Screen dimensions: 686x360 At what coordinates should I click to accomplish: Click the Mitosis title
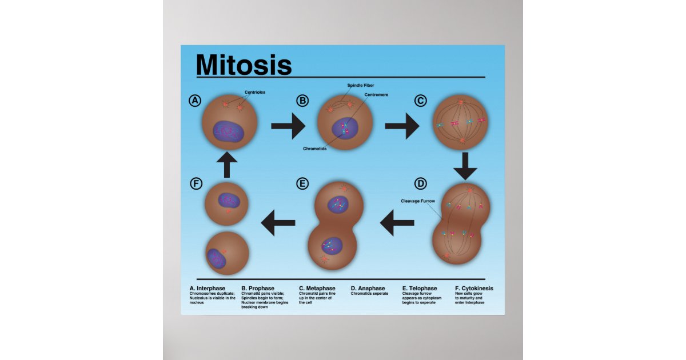point(244,65)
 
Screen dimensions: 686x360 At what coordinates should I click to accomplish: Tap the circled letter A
point(196,101)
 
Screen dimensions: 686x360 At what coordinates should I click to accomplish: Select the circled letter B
point(302,101)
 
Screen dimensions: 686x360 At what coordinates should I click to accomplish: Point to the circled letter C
point(420,101)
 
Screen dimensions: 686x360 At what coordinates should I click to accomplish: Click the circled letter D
point(420,183)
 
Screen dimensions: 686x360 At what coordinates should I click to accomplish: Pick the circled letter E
point(302,183)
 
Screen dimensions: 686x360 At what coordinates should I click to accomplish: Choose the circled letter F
point(196,183)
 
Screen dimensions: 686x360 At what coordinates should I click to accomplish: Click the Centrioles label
point(255,92)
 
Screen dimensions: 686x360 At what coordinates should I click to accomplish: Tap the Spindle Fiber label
point(360,85)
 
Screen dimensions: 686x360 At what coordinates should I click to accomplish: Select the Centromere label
point(376,95)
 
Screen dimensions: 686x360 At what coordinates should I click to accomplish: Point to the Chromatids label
point(315,149)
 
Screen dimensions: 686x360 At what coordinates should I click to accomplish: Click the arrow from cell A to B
point(288,126)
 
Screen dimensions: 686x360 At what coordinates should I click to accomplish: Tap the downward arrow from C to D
point(465,165)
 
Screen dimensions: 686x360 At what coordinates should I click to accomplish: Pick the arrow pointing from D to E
point(397,223)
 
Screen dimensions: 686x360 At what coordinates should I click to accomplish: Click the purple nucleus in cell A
point(229,131)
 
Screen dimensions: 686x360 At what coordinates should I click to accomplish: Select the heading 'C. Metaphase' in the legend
point(317,289)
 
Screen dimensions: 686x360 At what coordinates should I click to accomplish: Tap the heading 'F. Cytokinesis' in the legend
point(474,289)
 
